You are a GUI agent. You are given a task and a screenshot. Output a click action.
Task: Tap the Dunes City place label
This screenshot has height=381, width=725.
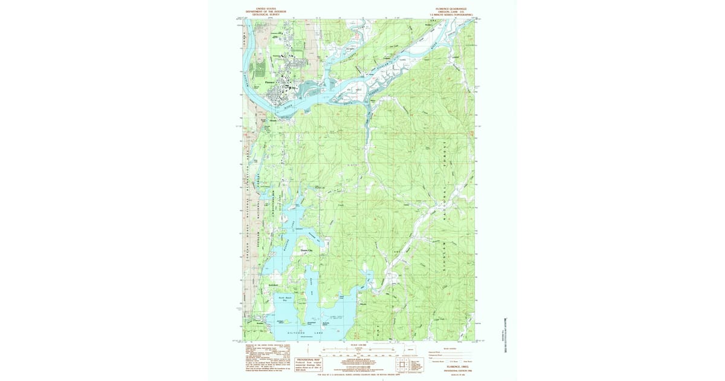[307, 250]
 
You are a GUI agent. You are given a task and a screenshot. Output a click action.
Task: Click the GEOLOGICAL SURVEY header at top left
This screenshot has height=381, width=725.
[265, 15]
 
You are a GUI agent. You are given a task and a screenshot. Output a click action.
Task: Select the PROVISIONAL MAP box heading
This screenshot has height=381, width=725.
[308, 359]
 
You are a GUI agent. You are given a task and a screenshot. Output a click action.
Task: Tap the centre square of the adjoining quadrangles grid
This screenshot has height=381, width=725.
[402, 364]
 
